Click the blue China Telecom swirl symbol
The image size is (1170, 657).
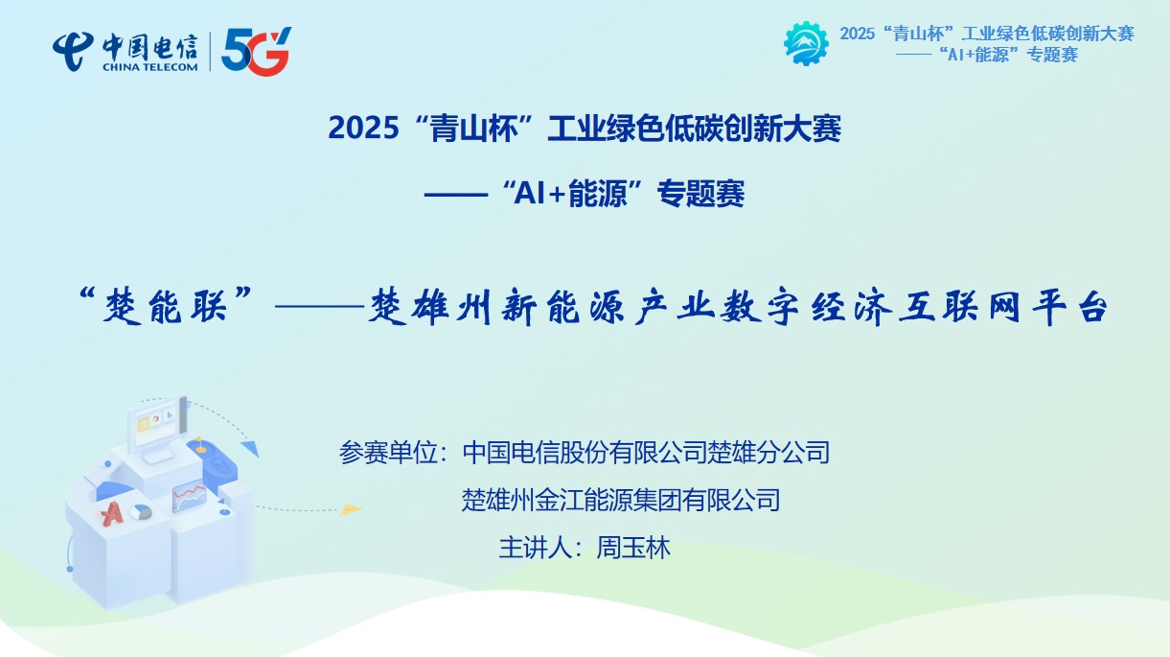[x=73, y=51]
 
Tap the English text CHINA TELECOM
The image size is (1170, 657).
[x=149, y=67]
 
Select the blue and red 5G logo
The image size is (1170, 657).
[x=256, y=51]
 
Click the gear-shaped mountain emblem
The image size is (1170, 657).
[x=806, y=43]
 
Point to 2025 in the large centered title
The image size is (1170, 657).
[x=363, y=128]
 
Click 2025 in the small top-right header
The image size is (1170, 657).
[x=857, y=34]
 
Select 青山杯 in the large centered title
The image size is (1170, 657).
[x=473, y=129]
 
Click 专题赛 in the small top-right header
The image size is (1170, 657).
[x=1052, y=55]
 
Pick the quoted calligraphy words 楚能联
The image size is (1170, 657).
[x=165, y=306]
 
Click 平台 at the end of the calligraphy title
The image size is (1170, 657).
[x=1070, y=307]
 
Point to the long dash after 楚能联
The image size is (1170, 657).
[x=319, y=307]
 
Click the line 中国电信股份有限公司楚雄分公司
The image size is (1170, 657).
[x=646, y=453]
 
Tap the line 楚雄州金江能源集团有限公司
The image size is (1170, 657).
[x=621, y=501]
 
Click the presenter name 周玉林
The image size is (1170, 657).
[x=633, y=549]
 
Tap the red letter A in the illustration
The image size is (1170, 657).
[x=112, y=513]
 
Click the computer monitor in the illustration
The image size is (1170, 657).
[x=157, y=424]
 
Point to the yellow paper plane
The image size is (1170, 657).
[x=351, y=509]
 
